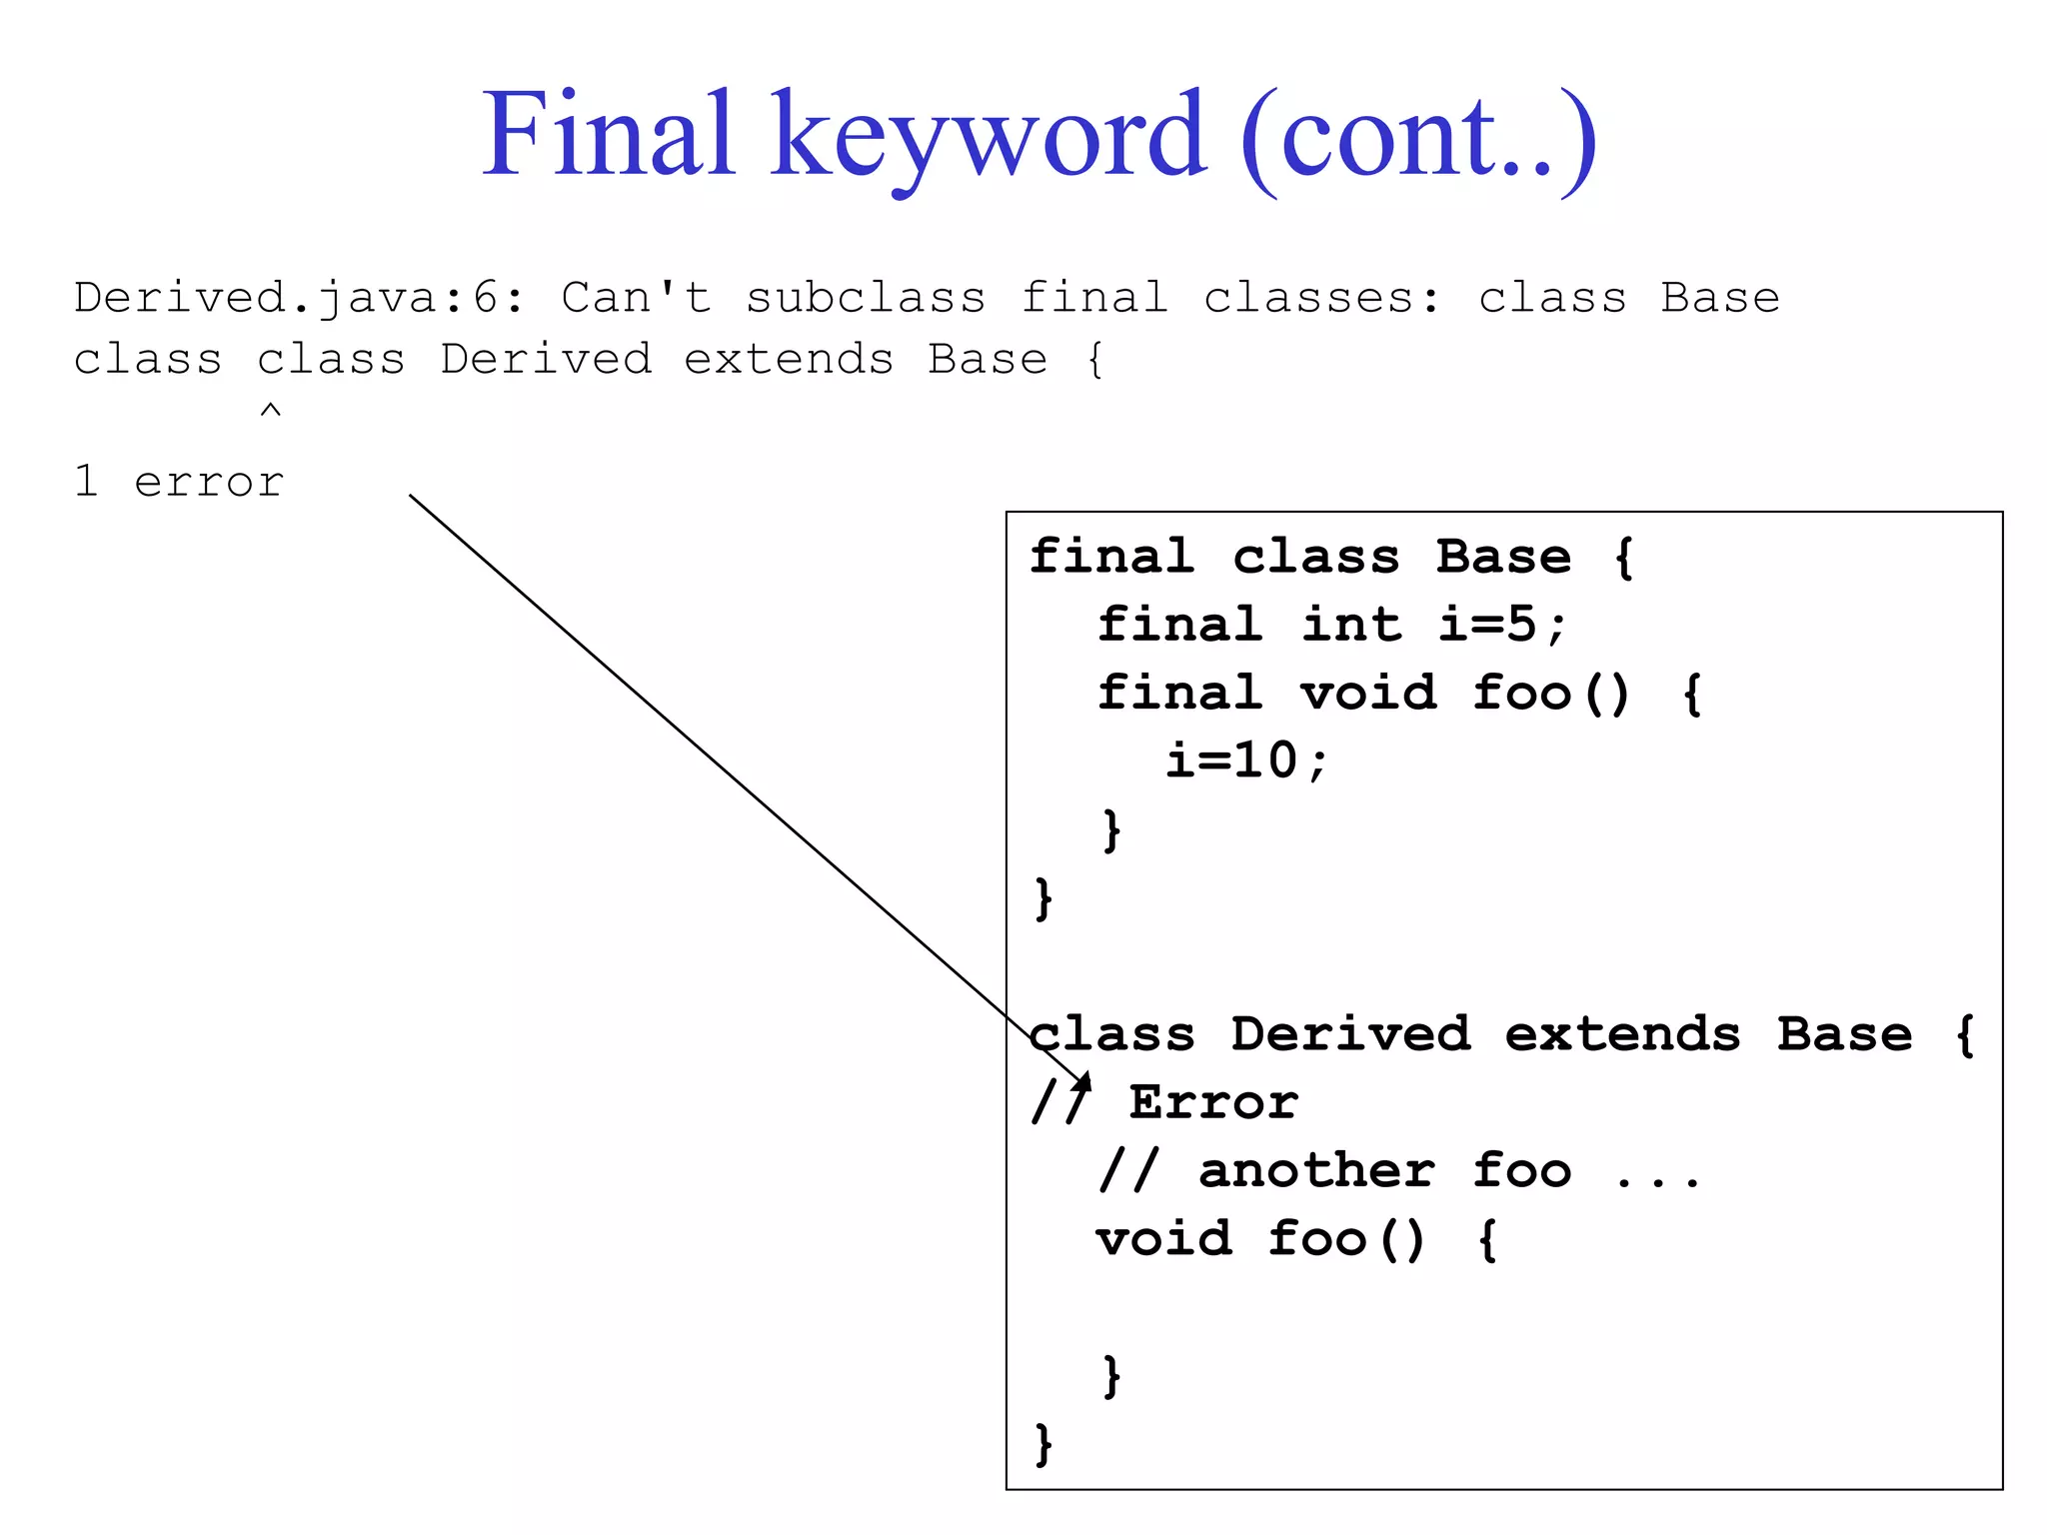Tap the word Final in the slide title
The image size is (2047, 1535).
(609, 135)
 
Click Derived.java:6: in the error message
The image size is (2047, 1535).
(298, 298)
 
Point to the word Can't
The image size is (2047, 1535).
(636, 298)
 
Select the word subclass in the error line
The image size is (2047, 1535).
(866, 298)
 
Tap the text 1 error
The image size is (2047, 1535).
(179, 483)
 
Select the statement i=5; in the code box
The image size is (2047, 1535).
(1502, 625)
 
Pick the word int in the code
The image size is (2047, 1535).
(1351, 625)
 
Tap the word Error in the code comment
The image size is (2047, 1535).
(1213, 1102)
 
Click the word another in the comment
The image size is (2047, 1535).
(1316, 1170)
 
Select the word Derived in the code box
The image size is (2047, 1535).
(1350, 1033)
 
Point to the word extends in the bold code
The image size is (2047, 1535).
(1622, 1033)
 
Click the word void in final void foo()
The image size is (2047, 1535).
(1367, 693)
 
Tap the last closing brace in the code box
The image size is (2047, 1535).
(1043, 1443)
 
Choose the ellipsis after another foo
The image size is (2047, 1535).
(1656, 1179)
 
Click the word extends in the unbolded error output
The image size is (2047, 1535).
(789, 360)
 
